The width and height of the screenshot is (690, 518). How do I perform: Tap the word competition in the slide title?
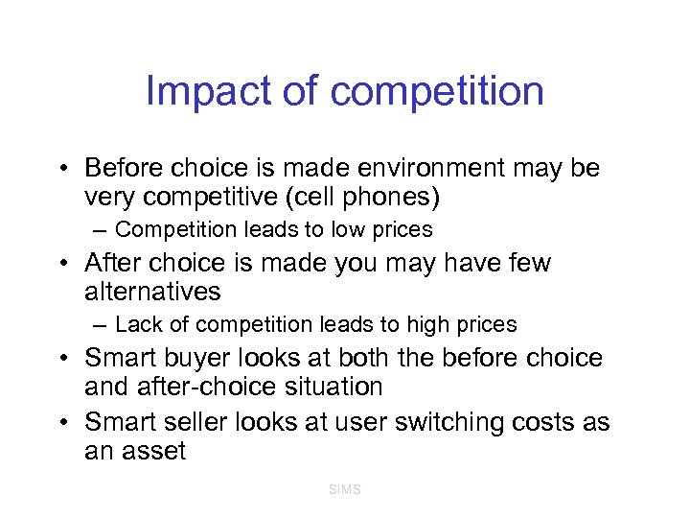(437, 92)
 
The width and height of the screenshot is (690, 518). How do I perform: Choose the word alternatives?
(152, 292)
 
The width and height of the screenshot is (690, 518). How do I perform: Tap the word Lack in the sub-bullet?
(138, 325)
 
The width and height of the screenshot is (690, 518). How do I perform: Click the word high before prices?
(435, 325)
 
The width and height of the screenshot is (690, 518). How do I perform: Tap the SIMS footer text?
(344, 489)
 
